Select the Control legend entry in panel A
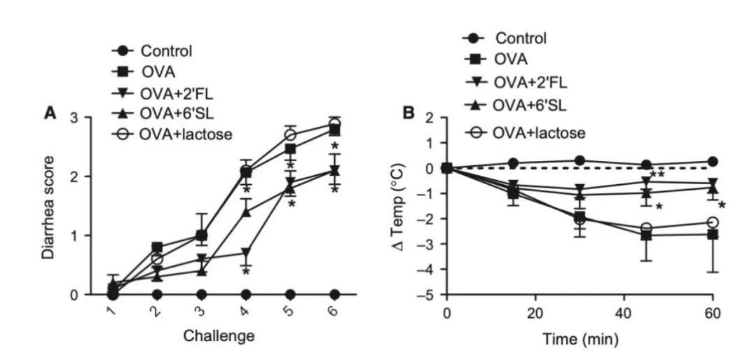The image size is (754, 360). click(x=166, y=50)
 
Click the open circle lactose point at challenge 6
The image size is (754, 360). click(x=335, y=124)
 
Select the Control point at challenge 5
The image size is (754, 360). click(x=290, y=294)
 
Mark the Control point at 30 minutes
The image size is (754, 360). click(x=580, y=160)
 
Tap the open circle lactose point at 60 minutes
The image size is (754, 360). click(x=713, y=222)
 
